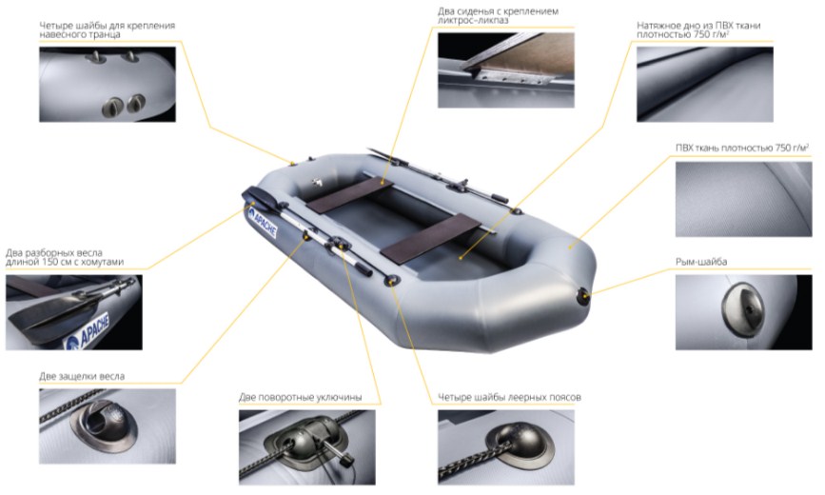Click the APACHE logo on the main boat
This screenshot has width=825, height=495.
pos(262,223)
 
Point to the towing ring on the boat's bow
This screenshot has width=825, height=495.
pos(583,297)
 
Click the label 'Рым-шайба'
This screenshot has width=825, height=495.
pos(701,262)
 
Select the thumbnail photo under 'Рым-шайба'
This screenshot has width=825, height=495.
pos(743,312)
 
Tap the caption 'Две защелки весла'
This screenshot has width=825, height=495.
pos(82,377)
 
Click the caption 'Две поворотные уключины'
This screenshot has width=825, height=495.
pos(300,397)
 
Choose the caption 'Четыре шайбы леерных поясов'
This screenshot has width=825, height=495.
pos(509,397)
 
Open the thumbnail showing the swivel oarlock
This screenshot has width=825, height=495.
pos(307,447)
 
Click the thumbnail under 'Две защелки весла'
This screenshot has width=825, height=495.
pos(108,426)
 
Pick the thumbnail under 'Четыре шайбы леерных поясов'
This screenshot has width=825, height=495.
pos(506,447)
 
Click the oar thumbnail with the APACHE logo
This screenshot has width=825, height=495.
pos(73,312)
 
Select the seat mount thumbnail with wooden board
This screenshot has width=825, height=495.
pos(506,70)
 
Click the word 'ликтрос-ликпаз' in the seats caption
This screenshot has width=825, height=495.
pos(473,20)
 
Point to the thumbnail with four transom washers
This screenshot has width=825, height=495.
pos(108,85)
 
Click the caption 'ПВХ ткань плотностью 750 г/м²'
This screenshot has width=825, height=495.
pos(742,148)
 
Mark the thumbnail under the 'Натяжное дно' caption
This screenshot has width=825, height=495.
pos(705,85)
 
